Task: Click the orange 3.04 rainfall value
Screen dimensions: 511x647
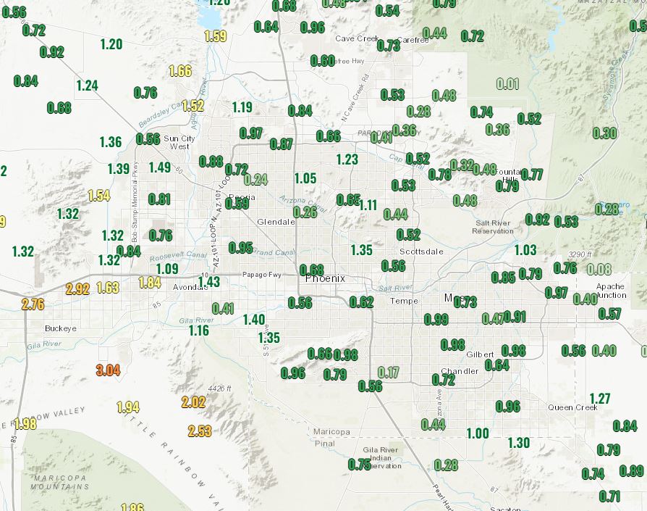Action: tap(107, 370)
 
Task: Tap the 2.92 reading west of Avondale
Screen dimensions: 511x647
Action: tap(77, 289)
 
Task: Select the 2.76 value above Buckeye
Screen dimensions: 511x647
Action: tap(33, 304)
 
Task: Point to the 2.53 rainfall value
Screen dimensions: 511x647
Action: tap(199, 431)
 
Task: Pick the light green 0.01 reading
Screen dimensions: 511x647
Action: tap(507, 84)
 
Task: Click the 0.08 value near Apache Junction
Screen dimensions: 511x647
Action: tap(599, 270)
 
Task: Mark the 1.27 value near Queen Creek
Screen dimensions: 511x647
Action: tap(600, 399)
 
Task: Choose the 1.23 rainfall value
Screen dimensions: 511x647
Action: tap(347, 159)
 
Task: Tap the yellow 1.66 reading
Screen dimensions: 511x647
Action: tap(179, 71)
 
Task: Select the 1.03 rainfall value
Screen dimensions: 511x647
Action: tap(525, 250)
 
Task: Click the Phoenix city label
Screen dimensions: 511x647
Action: tap(326, 278)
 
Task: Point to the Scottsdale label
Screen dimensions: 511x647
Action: tap(421, 252)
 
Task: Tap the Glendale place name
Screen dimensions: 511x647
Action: tap(276, 222)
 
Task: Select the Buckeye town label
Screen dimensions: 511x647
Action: tap(61, 328)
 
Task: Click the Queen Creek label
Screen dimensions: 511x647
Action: tap(572, 407)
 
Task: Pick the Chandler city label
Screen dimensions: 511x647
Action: tap(460, 371)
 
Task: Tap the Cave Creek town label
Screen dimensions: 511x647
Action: tap(358, 38)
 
